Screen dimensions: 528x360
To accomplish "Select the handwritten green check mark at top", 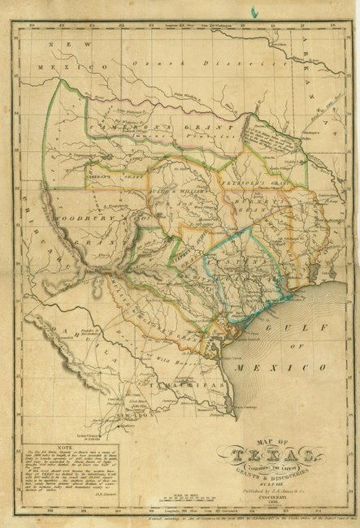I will tap(254, 11).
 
